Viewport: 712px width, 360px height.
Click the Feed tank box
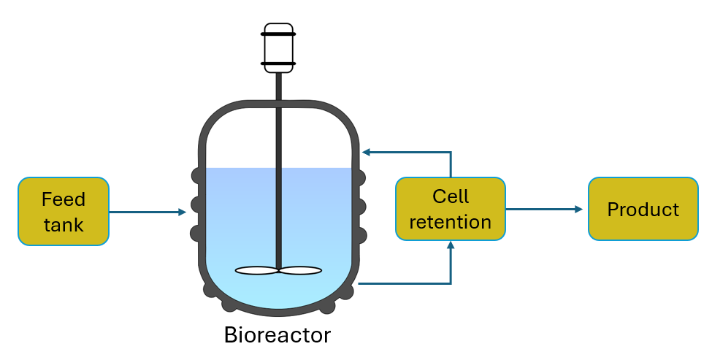click(64, 211)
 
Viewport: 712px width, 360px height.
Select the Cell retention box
click(450, 209)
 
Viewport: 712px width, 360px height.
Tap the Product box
click(643, 209)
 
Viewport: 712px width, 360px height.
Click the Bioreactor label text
click(277, 335)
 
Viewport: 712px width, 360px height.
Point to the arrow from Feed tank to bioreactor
click(146, 212)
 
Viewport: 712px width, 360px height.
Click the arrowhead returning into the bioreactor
click(367, 153)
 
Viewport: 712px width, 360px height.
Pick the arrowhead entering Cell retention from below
click(451, 247)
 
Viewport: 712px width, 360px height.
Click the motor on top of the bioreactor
click(278, 50)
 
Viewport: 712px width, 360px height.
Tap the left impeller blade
click(256, 271)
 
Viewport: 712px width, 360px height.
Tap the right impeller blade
click(300, 271)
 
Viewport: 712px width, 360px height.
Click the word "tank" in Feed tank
click(64, 224)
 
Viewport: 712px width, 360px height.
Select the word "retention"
click(450, 222)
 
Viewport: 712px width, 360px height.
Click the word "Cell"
click(451, 196)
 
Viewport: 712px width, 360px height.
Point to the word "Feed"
click(64, 199)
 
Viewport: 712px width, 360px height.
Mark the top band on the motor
click(278, 34)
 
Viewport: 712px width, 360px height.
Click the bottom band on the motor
click(278, 64)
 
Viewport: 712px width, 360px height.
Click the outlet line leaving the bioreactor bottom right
click(402, 283)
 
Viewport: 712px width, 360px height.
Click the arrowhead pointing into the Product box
click(578, 210)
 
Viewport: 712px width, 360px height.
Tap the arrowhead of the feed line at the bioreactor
click(182, 212)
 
